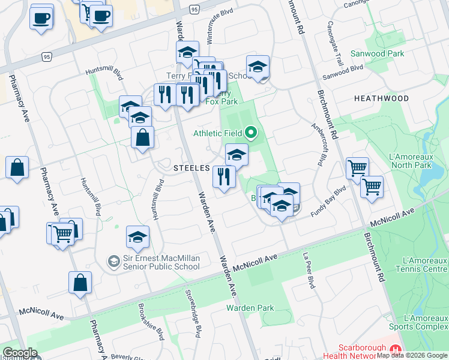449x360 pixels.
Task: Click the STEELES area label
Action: click(191, 168)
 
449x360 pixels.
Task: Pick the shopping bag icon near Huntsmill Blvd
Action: click(143, 139)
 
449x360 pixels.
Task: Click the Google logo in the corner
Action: click(20, 353)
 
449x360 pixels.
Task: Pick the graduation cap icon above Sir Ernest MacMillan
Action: click(137, 238)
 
